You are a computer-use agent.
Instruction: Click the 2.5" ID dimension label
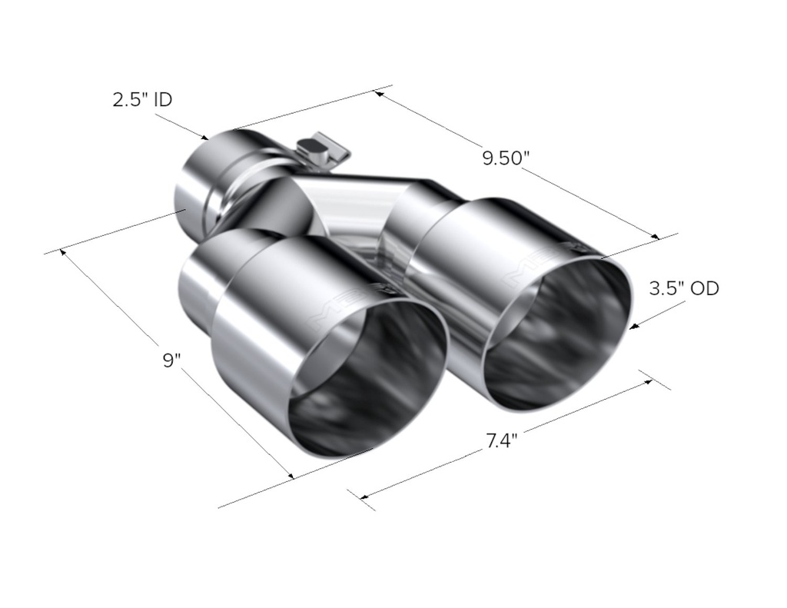tap(142, 100)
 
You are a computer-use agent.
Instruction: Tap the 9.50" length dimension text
tap(506, 158)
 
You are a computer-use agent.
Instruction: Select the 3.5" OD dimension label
tap(684, 289)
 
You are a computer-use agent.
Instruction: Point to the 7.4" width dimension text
tap(501, 440)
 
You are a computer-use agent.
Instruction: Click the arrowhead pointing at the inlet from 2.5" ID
tap(203, 136)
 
